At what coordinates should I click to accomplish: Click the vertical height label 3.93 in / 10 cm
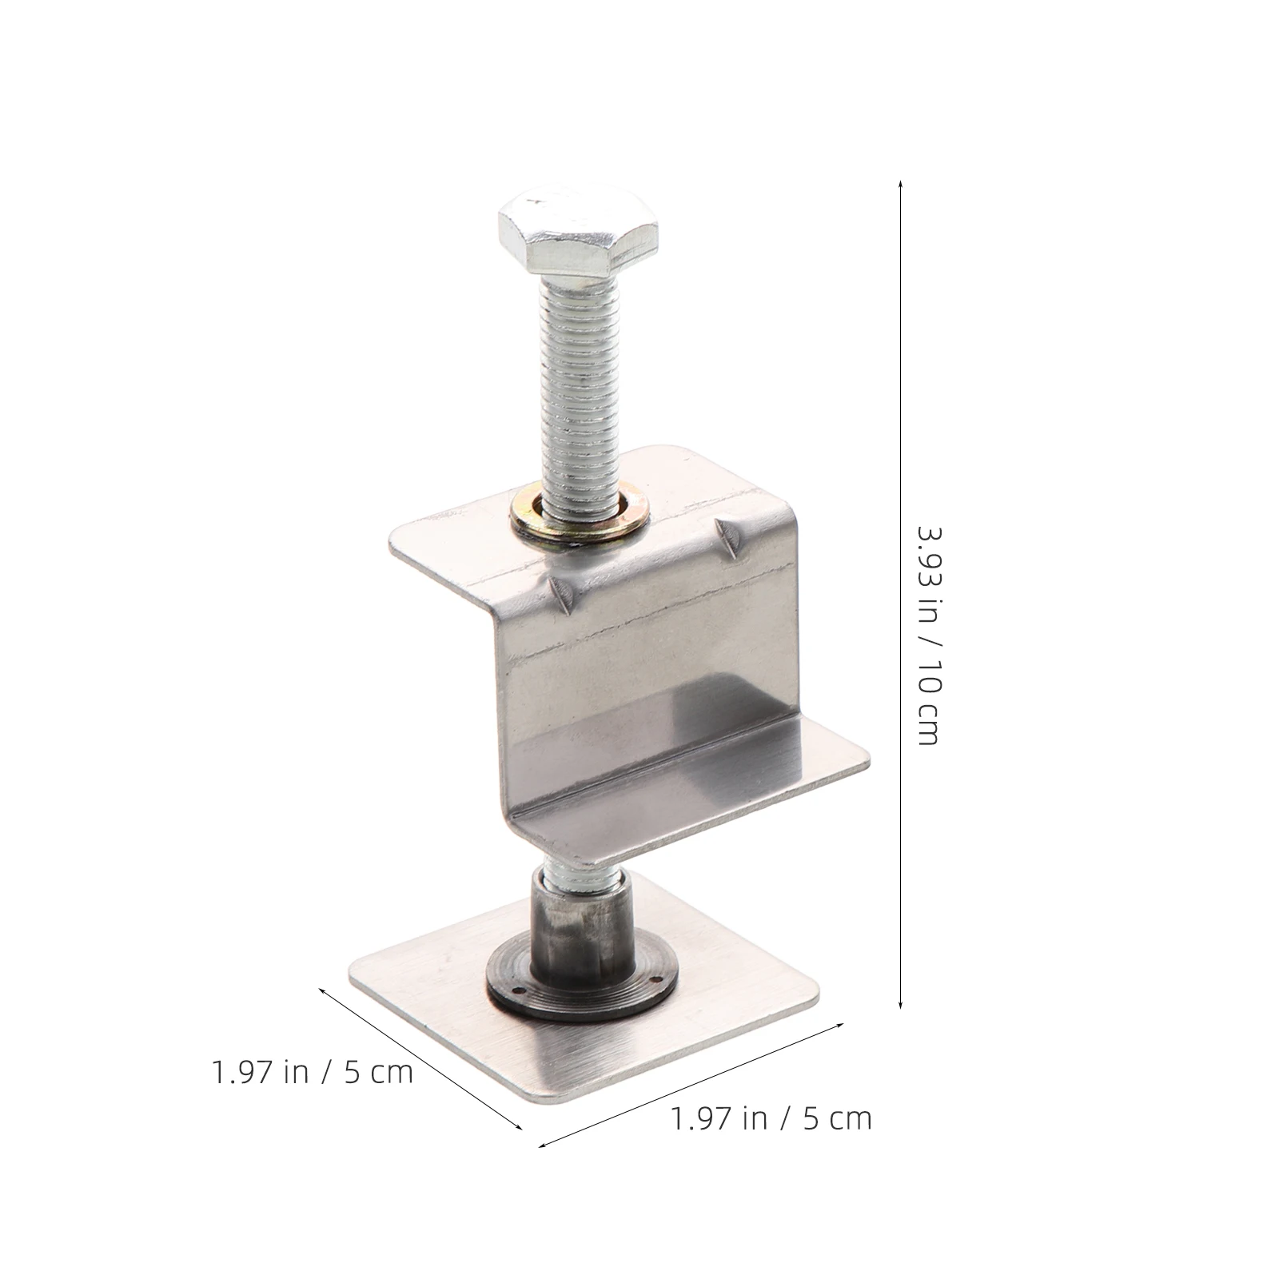tap(928, 636)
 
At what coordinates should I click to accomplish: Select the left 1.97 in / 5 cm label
tap(313, 1071)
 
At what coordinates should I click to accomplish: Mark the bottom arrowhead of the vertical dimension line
tap(901, 1005)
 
